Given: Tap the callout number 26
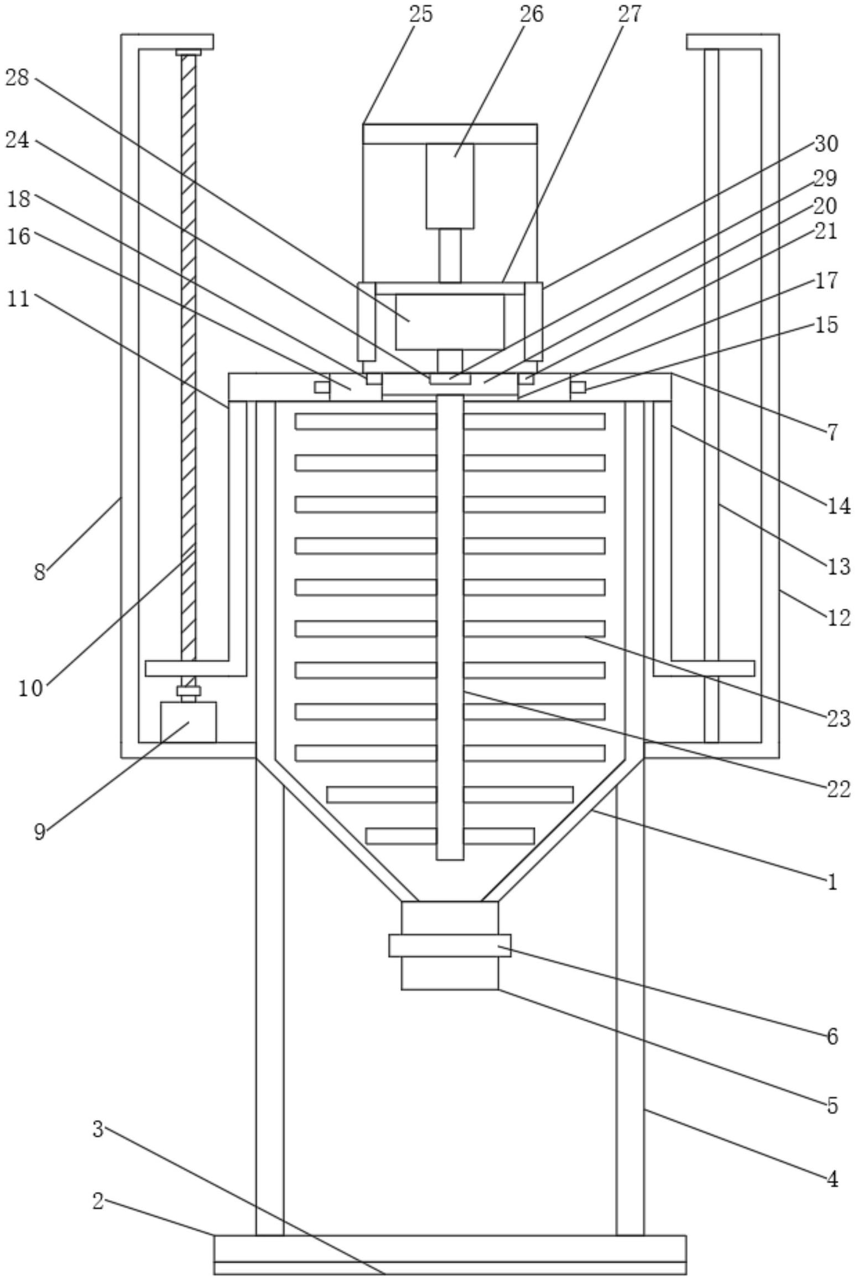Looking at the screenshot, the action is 531,14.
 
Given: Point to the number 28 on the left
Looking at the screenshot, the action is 17,77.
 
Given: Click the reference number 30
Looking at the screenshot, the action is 826,144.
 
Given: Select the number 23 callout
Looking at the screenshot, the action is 838,718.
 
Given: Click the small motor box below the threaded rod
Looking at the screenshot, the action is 188,722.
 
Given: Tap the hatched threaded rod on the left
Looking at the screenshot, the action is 189,357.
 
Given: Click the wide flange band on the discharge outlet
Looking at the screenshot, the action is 450,945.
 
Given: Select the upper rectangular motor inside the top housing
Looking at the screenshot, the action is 450,186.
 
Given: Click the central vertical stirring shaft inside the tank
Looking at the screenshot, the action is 450,627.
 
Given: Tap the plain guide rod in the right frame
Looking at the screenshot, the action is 712,396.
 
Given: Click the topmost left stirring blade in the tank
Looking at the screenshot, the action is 366,421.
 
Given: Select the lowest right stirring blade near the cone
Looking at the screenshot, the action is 499,836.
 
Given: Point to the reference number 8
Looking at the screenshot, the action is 39,572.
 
